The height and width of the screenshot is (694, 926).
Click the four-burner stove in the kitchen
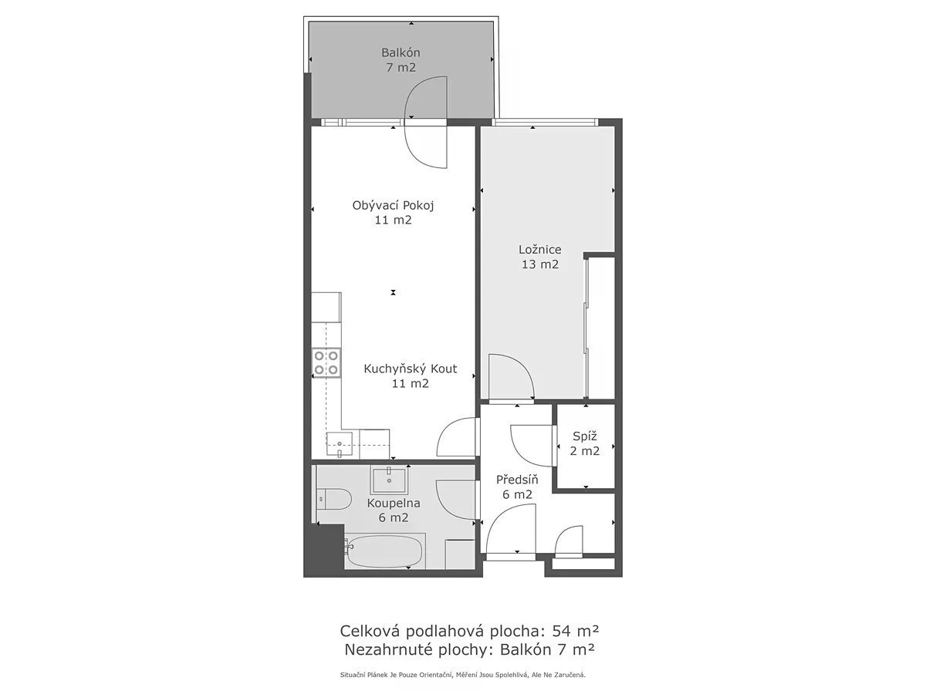click(x=326, y=362)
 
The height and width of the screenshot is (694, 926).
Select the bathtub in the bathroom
click(x=383, y=552)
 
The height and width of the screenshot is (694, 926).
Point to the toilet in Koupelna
click(x=333, y=500)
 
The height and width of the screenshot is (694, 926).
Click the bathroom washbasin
click(x=389, y=480)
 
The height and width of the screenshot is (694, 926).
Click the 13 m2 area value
click(x=540, y=264)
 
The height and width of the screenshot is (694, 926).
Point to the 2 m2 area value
click(x=585, y=451)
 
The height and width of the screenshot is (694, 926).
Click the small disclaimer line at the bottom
click(x=463, y=675)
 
